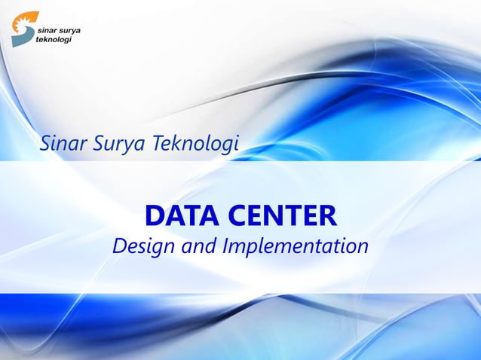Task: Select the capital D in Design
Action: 119,246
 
